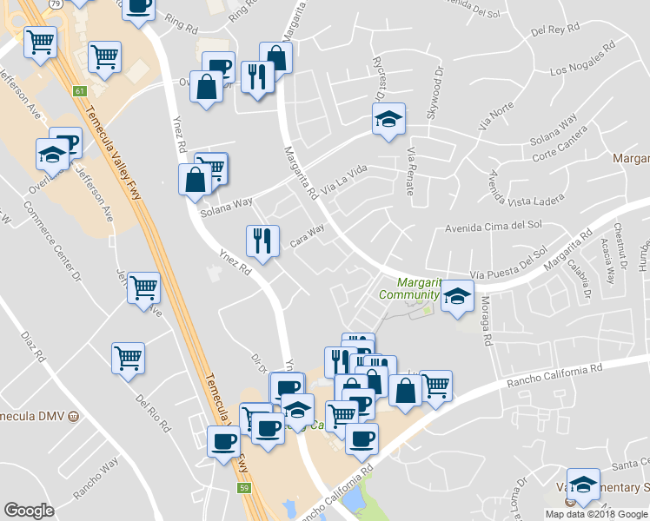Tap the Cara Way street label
click(x=307, y=235)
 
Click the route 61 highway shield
click(x=80, y=90)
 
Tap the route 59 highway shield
click(x=246, y=488)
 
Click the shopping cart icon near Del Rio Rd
click(x=128, y=356)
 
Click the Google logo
click(x=29, y=511)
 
